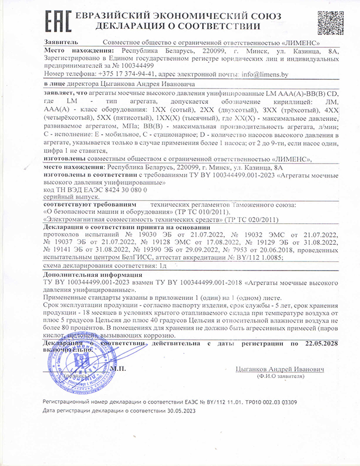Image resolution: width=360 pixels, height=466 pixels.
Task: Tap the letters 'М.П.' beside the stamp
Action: pyautogui.click(x=118, y=368)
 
